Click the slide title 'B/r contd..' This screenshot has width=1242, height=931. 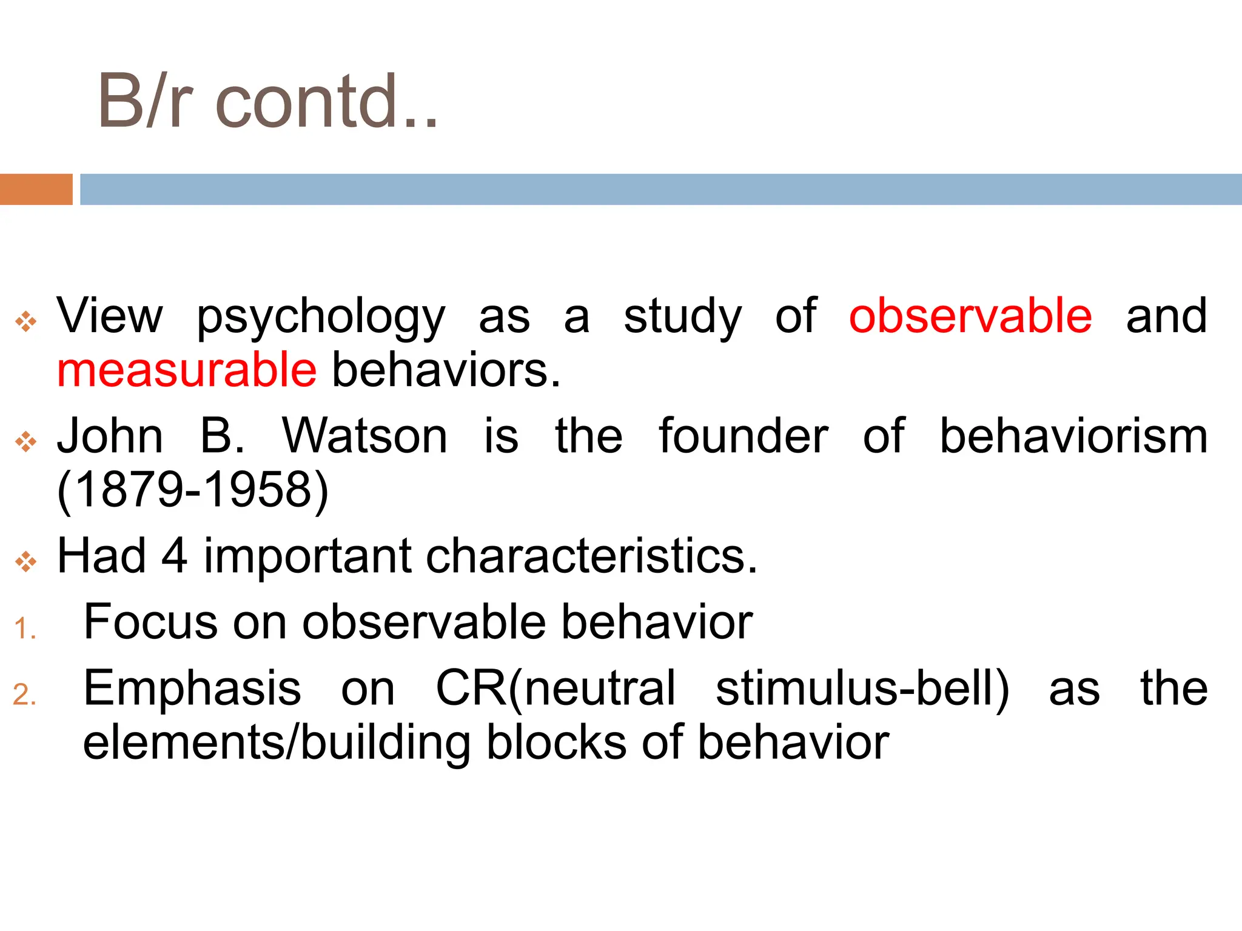(267, 102)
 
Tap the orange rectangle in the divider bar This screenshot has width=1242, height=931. (36, 189)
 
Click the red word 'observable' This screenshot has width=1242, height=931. (970, 316)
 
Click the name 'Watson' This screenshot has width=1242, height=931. (364, 436)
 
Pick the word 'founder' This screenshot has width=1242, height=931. (744, 436)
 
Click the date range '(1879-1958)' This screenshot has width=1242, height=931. (192, 490)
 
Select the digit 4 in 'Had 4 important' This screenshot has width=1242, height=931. (174, 556)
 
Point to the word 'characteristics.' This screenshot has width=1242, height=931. (592, 556)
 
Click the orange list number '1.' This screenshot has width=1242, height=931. (25, 629)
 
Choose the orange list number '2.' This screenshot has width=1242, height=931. (25, 695)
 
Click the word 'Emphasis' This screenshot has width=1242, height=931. (192, 689)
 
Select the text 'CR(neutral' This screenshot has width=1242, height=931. (556, 689)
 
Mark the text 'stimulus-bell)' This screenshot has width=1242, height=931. (862, 689)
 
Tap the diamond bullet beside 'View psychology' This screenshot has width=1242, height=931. (26, 321)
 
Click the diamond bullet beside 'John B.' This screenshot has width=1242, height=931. (26, 442)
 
